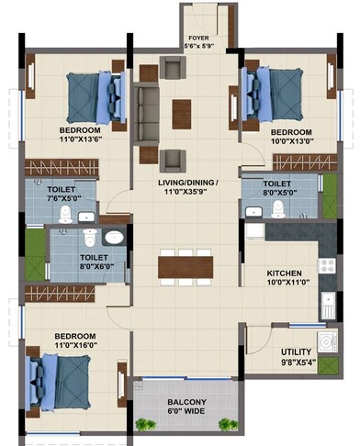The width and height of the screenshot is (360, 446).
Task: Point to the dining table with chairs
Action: coord(180,265)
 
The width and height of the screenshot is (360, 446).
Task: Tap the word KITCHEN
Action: coord(287,274)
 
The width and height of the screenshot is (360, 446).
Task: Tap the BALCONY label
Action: coord(186,402)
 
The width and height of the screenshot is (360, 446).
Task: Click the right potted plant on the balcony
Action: coord(226,423)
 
